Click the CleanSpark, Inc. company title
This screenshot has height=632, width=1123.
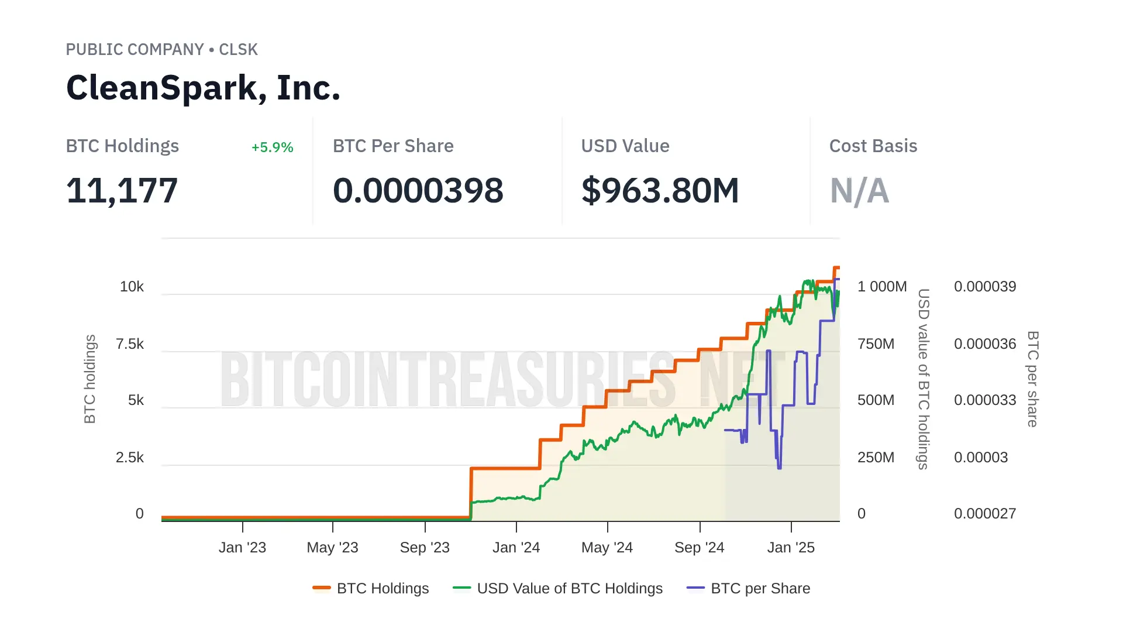(x=203, y=88)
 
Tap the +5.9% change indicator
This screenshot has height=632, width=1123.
(x=272, y=147)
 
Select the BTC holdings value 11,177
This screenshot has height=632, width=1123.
(x=122, y=191)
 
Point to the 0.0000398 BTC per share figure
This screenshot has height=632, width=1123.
(x=418, y=191)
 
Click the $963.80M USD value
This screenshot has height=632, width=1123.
(x=660, y=191)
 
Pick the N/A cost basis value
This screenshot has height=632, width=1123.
(x=859, y=191)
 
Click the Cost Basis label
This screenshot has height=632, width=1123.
(x=873, y=146)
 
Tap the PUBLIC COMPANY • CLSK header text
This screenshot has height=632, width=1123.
(x=161, y=50)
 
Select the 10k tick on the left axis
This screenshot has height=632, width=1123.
(x=132, y=287)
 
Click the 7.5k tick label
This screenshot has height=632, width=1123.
(x=130, y=344)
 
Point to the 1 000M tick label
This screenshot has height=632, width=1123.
(x=881, y=287)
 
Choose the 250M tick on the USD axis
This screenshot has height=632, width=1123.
(x=876, y=458)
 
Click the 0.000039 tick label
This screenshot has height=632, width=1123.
(x=985, y=287)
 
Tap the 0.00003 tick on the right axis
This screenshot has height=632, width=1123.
(x=981, y=458)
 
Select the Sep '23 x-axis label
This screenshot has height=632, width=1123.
(x=425, y=548)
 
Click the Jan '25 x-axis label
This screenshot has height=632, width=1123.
(x=791, y=548)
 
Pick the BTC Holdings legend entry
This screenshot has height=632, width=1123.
(x=371, y=589)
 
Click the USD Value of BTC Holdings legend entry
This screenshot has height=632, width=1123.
(x=558, y=589)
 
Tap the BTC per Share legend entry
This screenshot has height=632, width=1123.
(x=749, y=589)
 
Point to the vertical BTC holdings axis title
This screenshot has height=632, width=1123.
(x=89, y=379)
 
